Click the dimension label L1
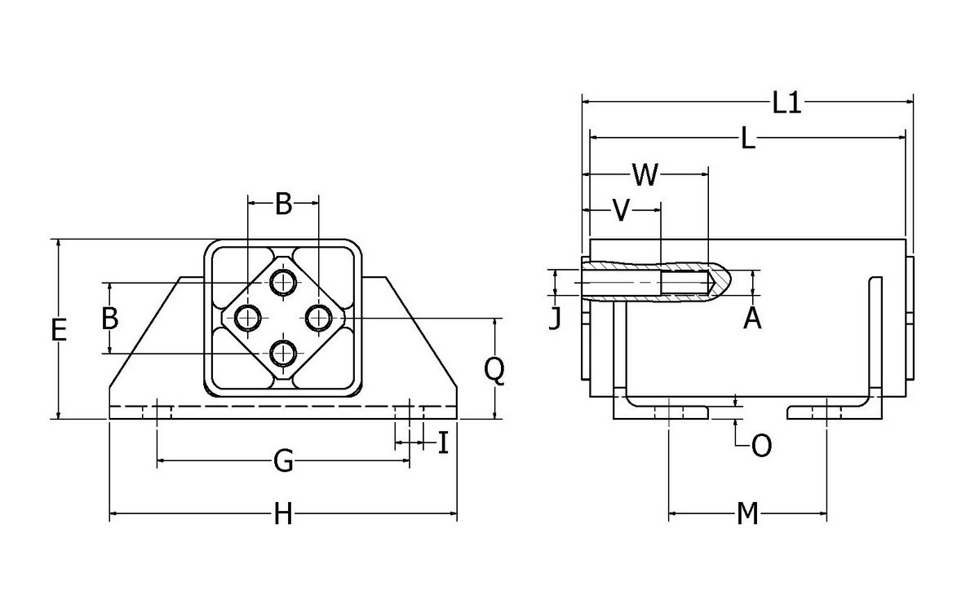pos(787,103)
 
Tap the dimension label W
pos(645,174)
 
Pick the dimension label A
pos(752,319)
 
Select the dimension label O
pos(760,446)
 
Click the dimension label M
pos(747,514)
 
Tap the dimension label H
pos(282,514)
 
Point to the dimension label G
pos(282,462)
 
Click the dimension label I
pos(443,443)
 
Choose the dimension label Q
pos(494,371)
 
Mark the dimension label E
pos(58,330)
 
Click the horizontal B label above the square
pos(282,204)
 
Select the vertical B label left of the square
pos(109,318)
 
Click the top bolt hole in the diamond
pos(283,282)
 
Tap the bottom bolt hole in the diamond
pos(283,353)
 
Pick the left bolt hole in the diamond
pos(247,317)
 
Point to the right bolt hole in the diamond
pos(318,317)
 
